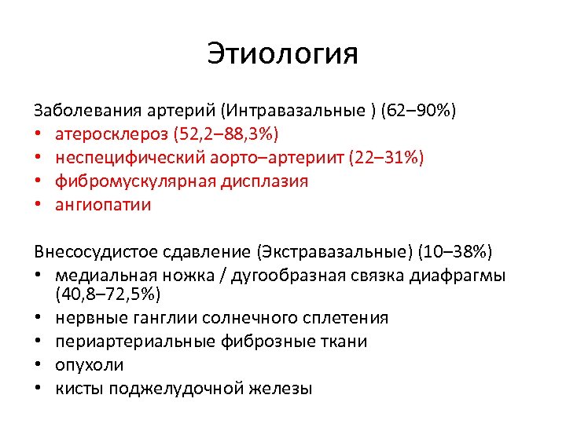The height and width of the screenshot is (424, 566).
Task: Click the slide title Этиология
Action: (x=283, y=54)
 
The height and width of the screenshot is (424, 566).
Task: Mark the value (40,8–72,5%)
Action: (x=108, y=294)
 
